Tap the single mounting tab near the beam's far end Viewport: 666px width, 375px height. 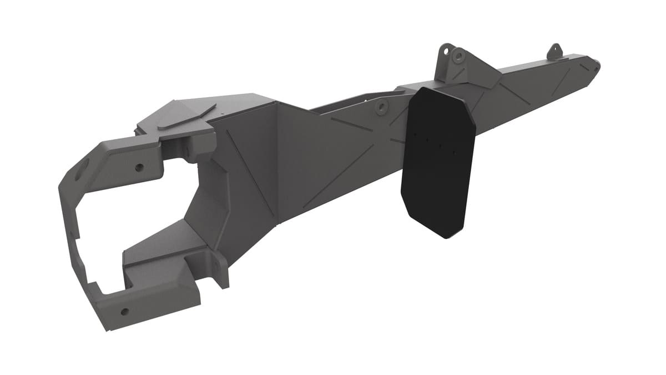pyautogui.click(x=554, y=51)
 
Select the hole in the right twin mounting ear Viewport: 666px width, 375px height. pyautogui.click(x=458, y=56)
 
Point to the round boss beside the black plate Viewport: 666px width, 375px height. pyautogui.click(x=381, y=107)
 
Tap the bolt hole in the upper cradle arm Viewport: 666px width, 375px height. pyautogui.click(x=138, y=167)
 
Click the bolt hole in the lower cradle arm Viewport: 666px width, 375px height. pyautogui.click(x=124, y=312)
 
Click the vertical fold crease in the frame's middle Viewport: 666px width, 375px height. pyautogui.click(x=277, y=167)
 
